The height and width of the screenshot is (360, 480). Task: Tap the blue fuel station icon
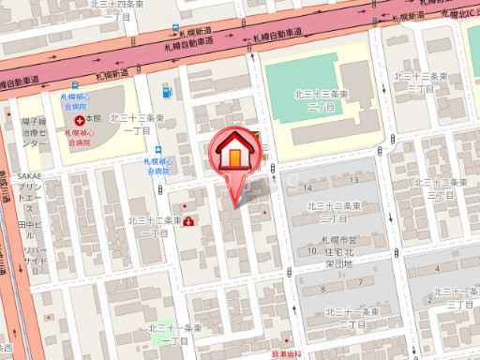tap(168, 91)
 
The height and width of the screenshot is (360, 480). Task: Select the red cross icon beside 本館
tap(79, 119)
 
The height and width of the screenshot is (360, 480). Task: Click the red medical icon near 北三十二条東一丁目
tap(189, 221)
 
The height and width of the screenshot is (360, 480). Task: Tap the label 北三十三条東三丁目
tap(418, 81)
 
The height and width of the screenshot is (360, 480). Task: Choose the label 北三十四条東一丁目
tap(117, 9)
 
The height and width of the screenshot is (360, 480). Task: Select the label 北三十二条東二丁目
tap(335, 212)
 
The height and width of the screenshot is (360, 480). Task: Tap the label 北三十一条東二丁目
tap(349, 317)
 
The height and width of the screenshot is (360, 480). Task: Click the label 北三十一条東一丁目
tap(176, 334)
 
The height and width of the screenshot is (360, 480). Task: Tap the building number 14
tap(308, 188)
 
